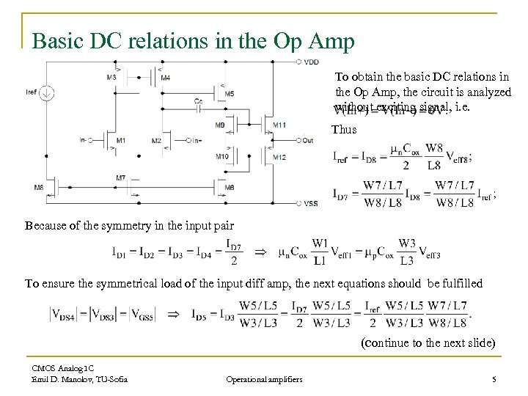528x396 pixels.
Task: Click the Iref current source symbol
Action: coord(45,94)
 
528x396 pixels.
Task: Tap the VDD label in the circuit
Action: coord(311,62)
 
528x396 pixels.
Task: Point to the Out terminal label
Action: coord(307,140)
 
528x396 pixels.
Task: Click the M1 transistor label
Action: coord(120,140)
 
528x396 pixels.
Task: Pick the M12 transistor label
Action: coord(279,157)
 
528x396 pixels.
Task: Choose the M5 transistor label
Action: coord(230,94)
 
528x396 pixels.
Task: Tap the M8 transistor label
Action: coord(38,188)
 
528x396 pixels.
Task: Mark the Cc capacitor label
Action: coord(199,101)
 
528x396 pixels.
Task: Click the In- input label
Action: coord(86,140)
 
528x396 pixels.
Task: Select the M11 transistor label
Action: coord(279,125)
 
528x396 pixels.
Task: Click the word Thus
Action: coord(344,130)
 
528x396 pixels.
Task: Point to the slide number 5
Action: coord(494,378)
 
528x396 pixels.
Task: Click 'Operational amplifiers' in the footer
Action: coord(264,378)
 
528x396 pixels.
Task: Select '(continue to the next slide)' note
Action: coord(428,342)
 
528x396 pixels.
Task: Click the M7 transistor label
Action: coord(120,178)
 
